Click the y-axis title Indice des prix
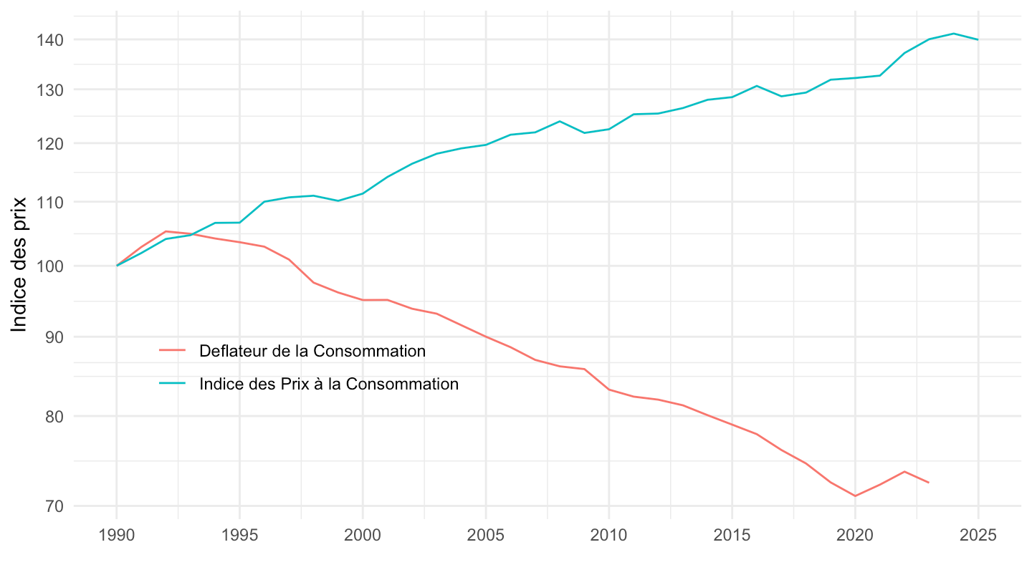[19, 264]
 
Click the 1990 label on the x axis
[116, 536]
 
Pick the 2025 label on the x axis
[978, 536]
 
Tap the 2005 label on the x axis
[486, 536]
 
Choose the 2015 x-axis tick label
[732, 536]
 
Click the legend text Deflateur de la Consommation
[312, 351]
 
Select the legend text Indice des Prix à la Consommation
[329, 384]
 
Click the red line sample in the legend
[172, 351]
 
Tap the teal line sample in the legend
[172, 384]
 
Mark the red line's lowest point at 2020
[855, 496]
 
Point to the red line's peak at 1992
[166, 231]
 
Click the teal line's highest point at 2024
[953, 34]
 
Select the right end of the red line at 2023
[929, 483]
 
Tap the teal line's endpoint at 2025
[978, 39]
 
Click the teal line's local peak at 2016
[757, 86]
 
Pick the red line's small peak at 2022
[904, 471]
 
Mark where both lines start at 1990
[117, 266]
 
